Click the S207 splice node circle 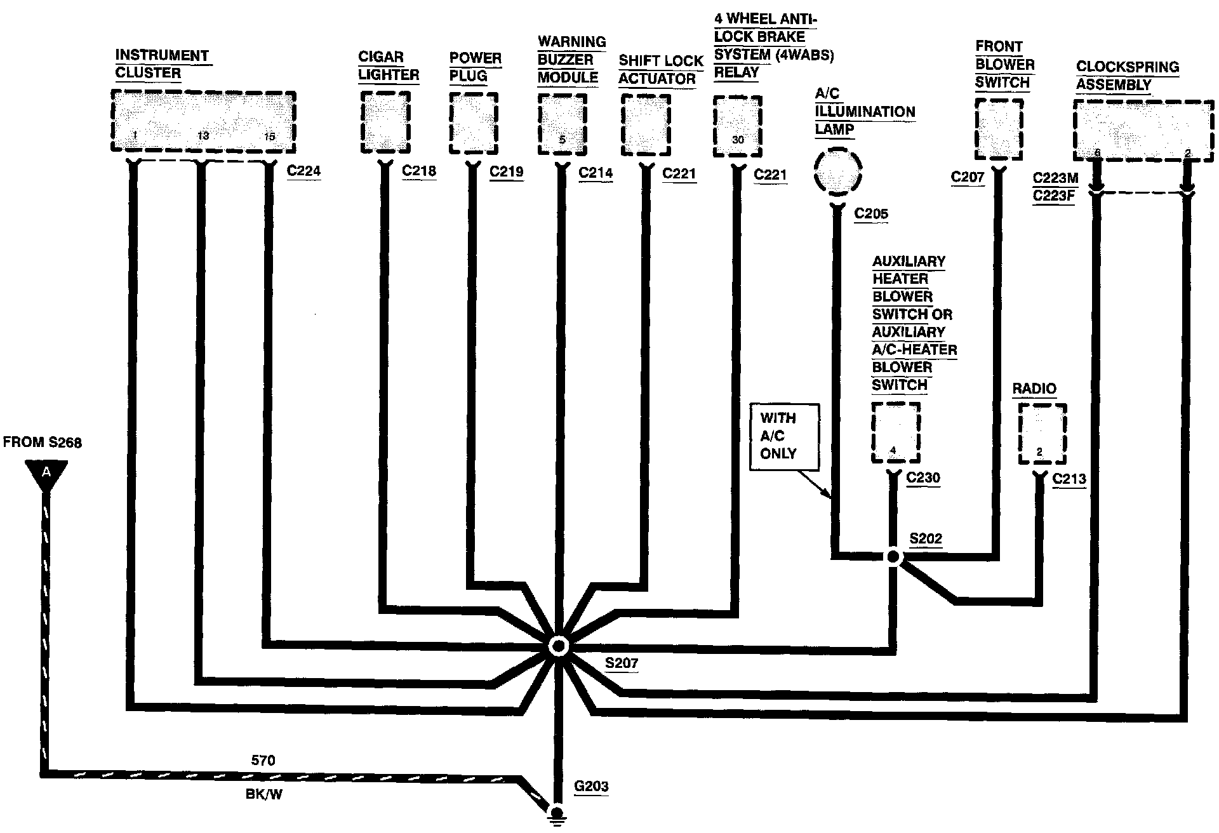(x=559, y=646)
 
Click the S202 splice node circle (x=893, y=557)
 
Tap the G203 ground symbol (x=557, y=814)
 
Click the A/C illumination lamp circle (x=837, y=171)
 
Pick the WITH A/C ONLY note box (x=784, y=436)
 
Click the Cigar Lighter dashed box (x=385, y=122)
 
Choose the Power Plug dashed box (x=474, y=123)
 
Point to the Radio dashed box (x=1042, y=434)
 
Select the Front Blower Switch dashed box (x=999, y=129)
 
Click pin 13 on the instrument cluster (x=203, y=136)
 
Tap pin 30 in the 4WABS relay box (x=738, y=140)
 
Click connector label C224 (x=303, y=171)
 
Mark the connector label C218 (x=419, y=171)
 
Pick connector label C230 (x=923, y=478)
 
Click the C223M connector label (x=1055, y=178)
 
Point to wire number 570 (x=263, y=760)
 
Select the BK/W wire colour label (x=263, y=794)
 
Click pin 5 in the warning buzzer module (x=562, y=140)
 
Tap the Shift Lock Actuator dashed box (x=645, y=124)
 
